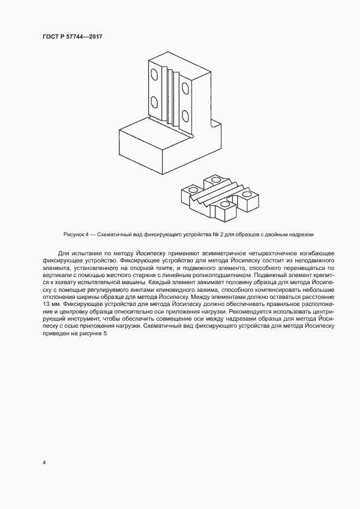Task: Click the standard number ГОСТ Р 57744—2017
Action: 72,36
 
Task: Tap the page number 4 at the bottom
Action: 44,463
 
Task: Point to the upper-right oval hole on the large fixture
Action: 186,87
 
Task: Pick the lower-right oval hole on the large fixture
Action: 186,116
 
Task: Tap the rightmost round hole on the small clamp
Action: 247,193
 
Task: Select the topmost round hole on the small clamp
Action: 216,179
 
